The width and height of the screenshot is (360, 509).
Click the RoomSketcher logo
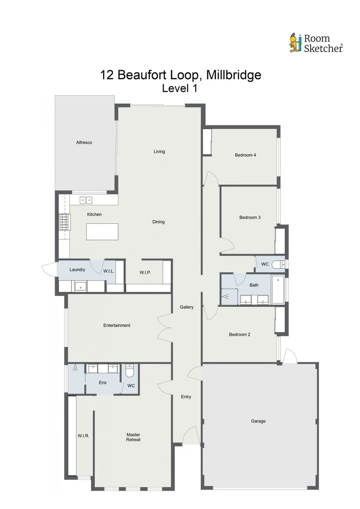[x=316, y=42]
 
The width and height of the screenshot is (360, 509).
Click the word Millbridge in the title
[x=231, y=75]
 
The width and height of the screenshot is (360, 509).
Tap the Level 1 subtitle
[x=179, y=88]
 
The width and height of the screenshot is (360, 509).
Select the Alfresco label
[x=84, y=142]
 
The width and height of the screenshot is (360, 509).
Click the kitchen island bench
[x=102, y=231]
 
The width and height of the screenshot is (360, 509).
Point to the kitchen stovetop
[x=64, y=222]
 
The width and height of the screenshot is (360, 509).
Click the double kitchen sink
[x=86, y=200]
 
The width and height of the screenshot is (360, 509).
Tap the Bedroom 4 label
[x=245, y=155]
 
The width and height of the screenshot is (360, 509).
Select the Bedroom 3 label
[x=250, y=217]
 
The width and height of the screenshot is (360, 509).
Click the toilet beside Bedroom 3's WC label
[x=279, y=264]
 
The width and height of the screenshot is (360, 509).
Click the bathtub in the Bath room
[x=278, y=289]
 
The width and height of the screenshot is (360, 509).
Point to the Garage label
[x=258, y=421]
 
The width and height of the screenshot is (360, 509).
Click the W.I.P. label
[x=145, y=272]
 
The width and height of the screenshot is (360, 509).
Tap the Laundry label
[x=77, y=270]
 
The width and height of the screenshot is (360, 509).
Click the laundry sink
[x=81, y=286]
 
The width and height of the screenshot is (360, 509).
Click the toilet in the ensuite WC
[x=130, y=372]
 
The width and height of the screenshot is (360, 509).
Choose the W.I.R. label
[x=83, y=436]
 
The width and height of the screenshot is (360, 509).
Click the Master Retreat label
[x=133, y=437]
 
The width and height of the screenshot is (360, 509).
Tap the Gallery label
[x=187, y=307]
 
